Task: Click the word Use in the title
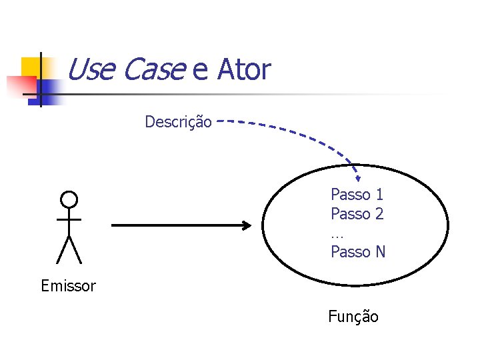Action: point(92,69)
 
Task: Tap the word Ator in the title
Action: point(243,69)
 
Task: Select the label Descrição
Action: point(179,122)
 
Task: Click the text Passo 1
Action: point(357,195)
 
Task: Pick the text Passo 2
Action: point(357,214)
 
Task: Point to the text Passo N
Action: point(358,252)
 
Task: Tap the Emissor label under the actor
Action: point(68,287)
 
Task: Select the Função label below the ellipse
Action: point(353,317)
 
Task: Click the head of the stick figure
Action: point(69,199)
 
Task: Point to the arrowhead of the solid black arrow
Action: point(247,226)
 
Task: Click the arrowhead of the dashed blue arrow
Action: point(357,177)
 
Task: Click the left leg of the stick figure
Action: point(62,250)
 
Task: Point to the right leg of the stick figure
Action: point(75,250)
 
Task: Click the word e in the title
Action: point(200,71)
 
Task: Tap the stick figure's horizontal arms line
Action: point(69,219)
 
